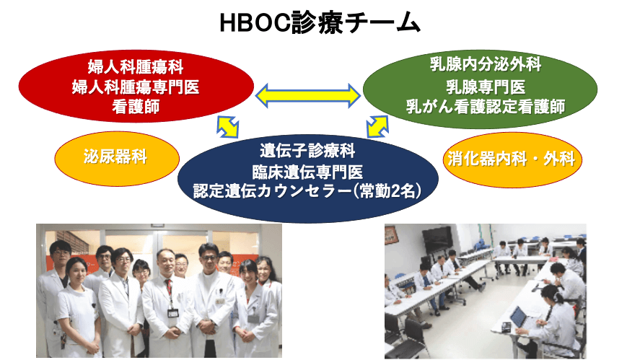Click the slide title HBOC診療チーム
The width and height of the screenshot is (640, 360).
[320, 22]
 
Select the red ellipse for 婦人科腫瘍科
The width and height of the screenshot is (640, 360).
[136, 86]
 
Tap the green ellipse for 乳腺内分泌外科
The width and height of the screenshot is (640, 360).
[480, 89]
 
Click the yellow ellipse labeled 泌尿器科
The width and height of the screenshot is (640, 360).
[117, 159]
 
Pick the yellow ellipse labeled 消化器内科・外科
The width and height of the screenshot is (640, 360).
[512, 159]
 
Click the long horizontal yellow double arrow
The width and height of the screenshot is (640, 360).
[308, 95]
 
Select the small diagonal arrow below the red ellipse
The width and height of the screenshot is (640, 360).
[228, 127]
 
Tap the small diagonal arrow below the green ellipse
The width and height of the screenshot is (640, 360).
[377, 126]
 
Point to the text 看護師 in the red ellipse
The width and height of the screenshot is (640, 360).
[136, 107]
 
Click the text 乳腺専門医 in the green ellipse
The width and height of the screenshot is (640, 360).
[486, 87]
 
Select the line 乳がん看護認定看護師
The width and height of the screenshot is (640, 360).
[486, 107]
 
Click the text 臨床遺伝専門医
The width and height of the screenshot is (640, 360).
[307, 172]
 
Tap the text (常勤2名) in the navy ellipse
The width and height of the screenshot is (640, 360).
[387, 191]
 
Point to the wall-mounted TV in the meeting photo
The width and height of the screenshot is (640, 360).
[437, 240]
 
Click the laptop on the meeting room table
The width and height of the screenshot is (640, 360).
[519, 317]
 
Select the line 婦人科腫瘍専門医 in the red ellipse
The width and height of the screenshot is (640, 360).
[136, 87]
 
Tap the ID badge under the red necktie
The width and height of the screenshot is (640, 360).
[173, 313]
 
